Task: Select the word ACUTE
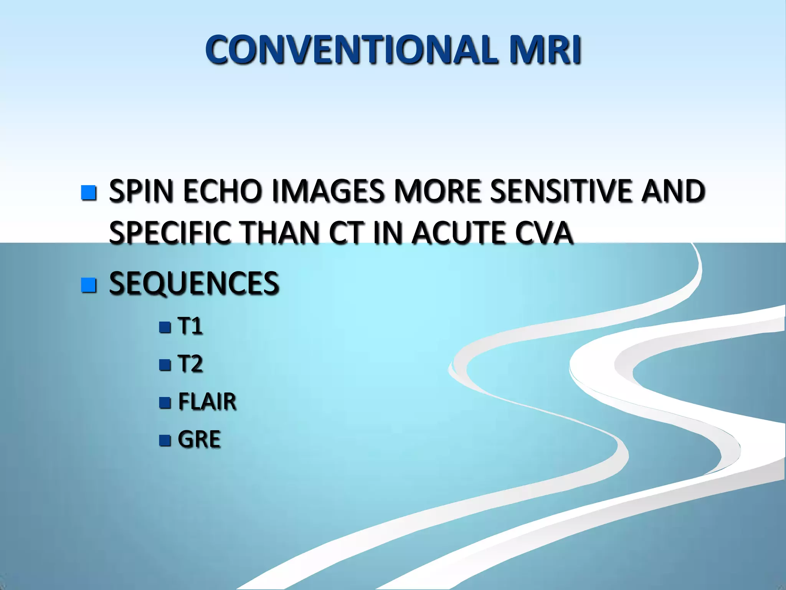459,233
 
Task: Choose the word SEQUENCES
194,283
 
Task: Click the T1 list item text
190,326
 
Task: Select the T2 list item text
190,364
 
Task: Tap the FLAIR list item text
207,402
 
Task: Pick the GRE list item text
199,439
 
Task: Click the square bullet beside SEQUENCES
89,285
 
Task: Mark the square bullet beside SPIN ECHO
89,192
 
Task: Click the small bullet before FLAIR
165,403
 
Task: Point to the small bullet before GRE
165,440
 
